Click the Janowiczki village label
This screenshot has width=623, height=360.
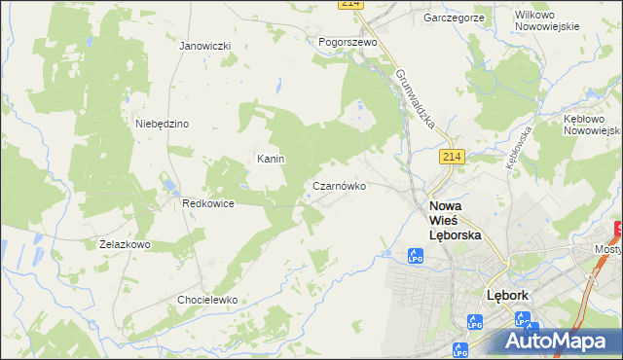point(204,46)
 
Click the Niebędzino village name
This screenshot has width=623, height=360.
point(162,124)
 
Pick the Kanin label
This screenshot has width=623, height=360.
point(270,159)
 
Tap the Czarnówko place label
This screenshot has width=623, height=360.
point(339,186)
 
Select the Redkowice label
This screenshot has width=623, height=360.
point(205,203)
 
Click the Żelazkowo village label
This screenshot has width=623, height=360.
point(125,244)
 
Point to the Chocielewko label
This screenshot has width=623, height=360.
point(207,300)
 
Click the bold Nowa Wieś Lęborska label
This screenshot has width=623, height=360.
point(456,220)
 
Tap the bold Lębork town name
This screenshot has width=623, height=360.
point(507,295)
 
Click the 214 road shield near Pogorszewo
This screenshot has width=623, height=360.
point(351,4)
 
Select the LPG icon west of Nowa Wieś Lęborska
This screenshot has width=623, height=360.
point(415,256)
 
